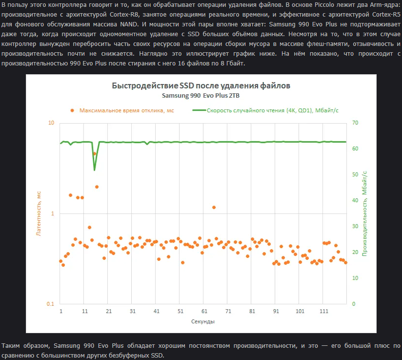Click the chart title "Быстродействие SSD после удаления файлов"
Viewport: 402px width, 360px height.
pos(201,85)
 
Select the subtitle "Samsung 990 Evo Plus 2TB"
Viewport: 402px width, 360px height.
pos(201,95)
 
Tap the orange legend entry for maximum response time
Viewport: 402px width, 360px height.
pos(122,110)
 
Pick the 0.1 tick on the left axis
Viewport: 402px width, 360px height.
pos(50,304)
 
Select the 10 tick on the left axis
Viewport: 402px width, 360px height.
pos(51,123)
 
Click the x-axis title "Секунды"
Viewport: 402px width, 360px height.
pos(203,321)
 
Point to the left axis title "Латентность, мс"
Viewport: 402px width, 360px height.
pos(40,213)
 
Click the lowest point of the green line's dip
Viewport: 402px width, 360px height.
pos(94,170)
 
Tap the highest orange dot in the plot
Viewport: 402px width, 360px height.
pos(95,153)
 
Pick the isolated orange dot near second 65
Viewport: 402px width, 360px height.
pos(214,207)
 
